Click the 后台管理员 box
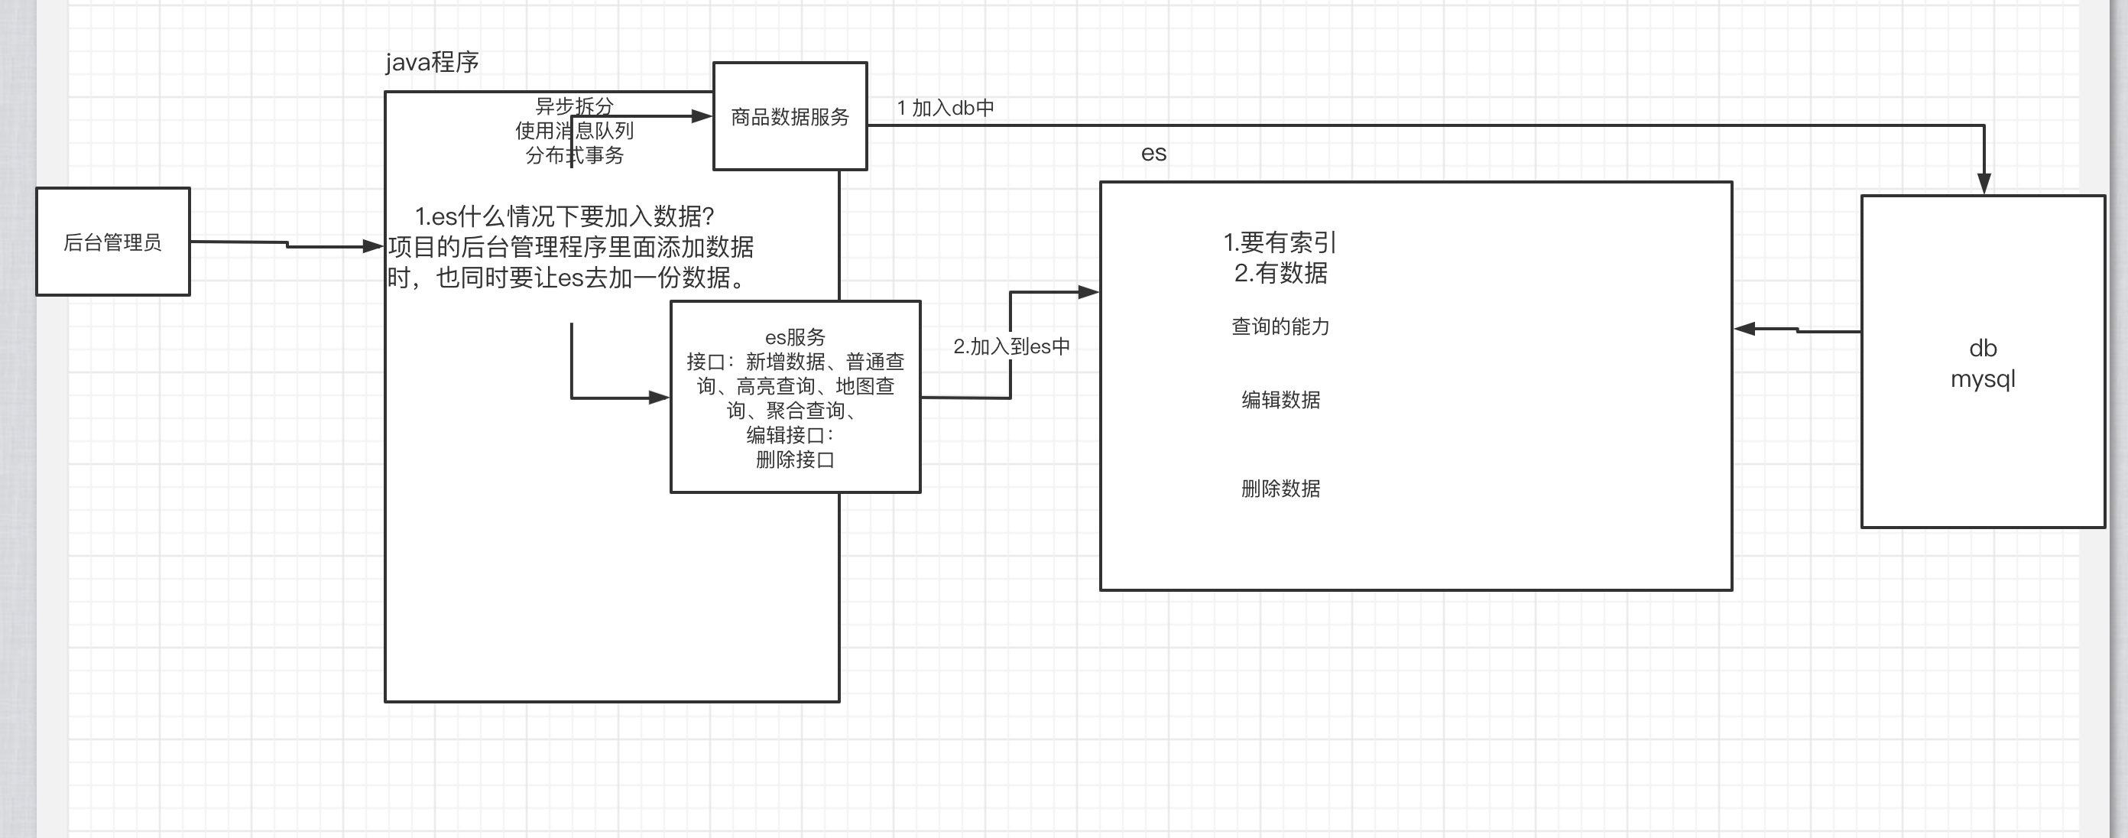(x=113, y=242)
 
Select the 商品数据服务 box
(x=790, y=116)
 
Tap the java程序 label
(x=432, y=62)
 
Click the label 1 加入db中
(x=945, y=108)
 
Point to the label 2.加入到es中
(x=1011, y=346)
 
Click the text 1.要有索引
(x=1280, y=242)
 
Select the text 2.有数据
(x=1280, y=273)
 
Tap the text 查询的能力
(x=1280, y=326)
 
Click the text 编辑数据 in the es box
(x=1280, y=400)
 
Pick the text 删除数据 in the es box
(x=1280, y=489)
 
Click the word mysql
(x=1983, y=378)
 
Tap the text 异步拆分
(x=574, y=106)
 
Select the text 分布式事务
(x=574, y=154)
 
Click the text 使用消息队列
(x=574, y=131)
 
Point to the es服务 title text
(x=795, y=337)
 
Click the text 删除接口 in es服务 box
(x=795, y=460)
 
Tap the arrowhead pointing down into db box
(x=1984, y=184)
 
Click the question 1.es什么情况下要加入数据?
(x=564, y=216)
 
